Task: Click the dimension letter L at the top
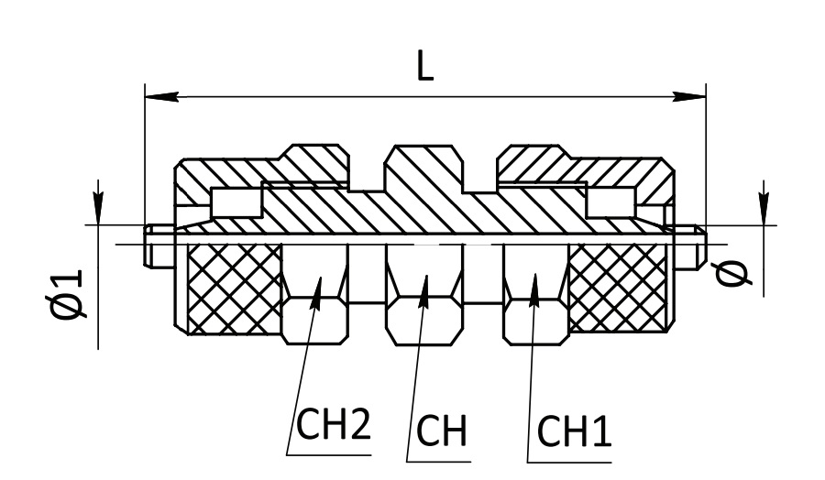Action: pos(425,66)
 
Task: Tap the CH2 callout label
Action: pos(334,425)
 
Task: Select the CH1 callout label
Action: pos(574,431)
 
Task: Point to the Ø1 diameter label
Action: pos(66,294)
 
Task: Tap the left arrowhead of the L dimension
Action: pos(161,97)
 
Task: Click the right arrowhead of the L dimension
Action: pos(689,97)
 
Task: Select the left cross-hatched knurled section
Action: pos(235,289)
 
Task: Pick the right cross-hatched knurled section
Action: pos(618,289)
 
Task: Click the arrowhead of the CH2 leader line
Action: pos(317,293)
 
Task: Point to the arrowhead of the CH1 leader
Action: pos(534,289)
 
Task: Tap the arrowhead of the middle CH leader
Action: pos(424,291)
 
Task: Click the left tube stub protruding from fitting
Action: pos(159,246)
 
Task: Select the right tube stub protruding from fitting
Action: pos(690,246)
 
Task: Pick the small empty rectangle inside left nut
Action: pos(236,202)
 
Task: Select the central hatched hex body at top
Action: pos(424,169)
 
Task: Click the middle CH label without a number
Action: pos(442,431)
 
